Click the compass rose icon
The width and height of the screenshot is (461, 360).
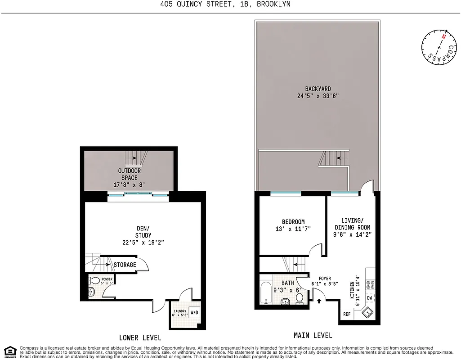[x=439, y=48]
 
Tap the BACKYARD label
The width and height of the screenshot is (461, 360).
[x=317, y=89]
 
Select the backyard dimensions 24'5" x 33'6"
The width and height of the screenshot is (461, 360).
[x=317, y=96]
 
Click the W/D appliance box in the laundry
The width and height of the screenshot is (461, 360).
[x=194, y=312]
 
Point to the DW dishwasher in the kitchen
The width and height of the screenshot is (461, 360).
[x=370, y=298]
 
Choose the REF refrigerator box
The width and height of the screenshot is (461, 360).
[x=347, y=314]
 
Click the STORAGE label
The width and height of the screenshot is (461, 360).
[x=125, y=265]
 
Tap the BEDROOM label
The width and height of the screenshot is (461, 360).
[x=293, y=222]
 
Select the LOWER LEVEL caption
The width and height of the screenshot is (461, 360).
[x=140, y=337]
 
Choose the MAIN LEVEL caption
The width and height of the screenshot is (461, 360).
[x=313, y=335]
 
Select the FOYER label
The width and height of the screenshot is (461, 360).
[x=325, y=278]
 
